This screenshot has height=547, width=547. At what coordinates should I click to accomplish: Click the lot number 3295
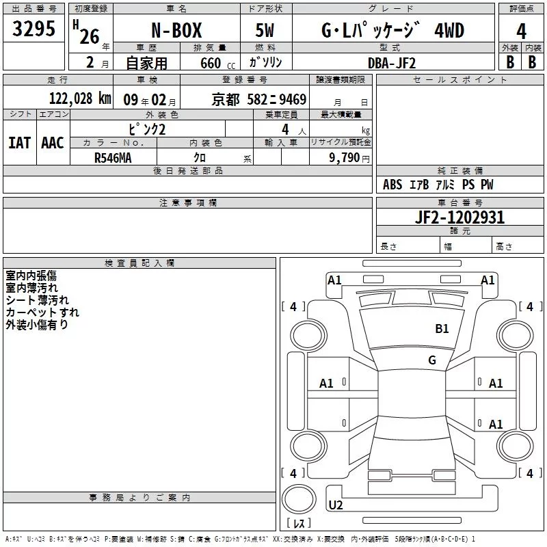pos(34,29)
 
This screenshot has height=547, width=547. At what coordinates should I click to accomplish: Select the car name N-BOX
pos(176,30)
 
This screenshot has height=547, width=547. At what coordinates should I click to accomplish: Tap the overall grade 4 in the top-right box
pos(521,31)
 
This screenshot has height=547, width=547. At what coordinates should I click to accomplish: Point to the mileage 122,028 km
pos(80,98)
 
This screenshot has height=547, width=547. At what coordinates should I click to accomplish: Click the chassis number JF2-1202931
pos(459,217)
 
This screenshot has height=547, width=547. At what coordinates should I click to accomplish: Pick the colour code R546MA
pos(113,158)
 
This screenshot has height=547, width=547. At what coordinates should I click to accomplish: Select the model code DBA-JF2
pos(392,63)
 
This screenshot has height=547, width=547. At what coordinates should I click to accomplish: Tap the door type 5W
pos(265,30)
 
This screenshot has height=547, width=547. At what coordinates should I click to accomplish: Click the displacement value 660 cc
pos(217,64)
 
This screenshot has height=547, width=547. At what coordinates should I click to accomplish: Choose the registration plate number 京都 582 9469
pos(259,100)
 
